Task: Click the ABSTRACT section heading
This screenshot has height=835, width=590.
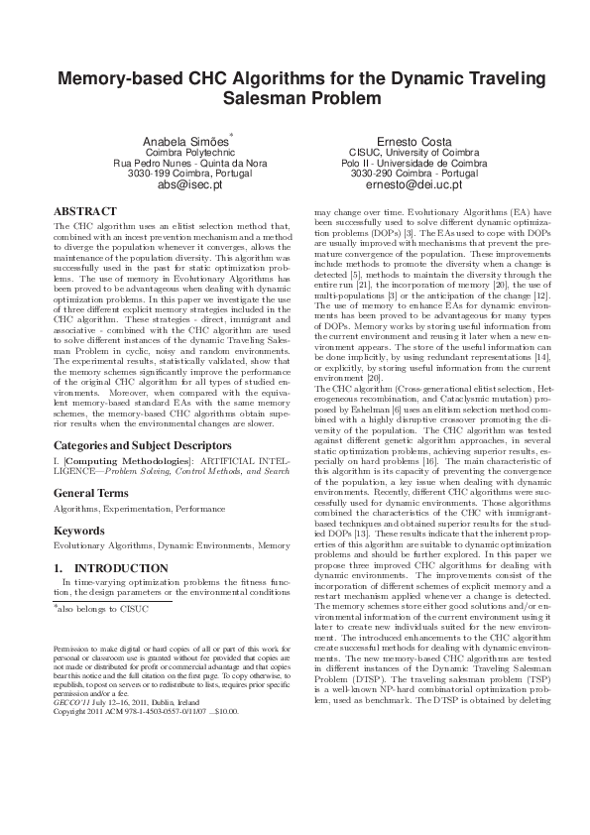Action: point(84,212)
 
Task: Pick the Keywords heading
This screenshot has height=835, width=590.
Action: point(80,531)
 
